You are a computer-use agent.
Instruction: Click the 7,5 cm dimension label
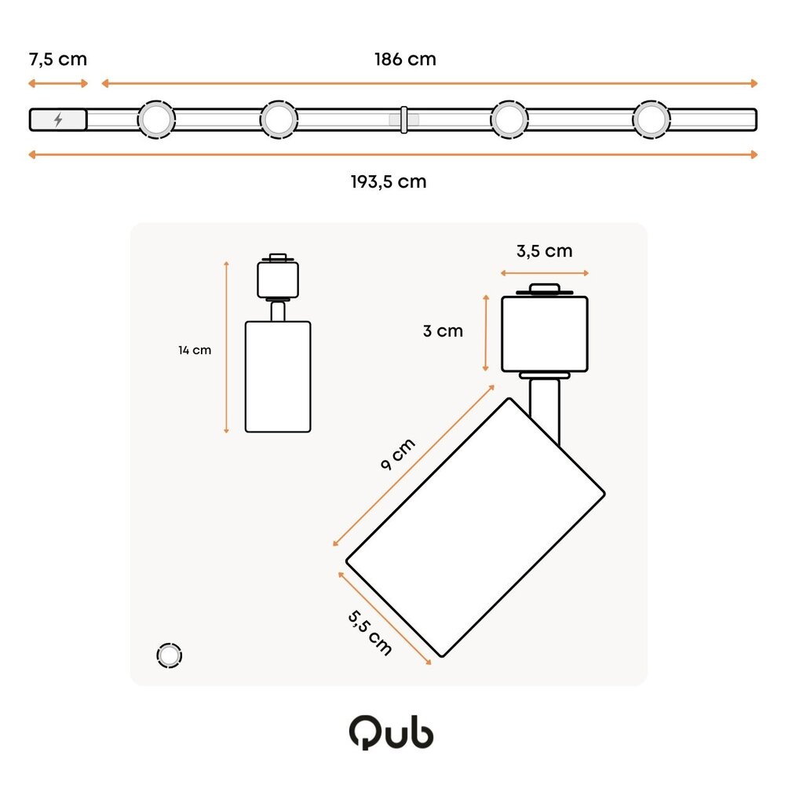[x=57, y=59]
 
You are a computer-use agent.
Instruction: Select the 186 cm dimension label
[x=405, y=59]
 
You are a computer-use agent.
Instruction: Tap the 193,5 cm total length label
[x=389, y=182]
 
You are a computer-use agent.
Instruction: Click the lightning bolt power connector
[x=58, y=120]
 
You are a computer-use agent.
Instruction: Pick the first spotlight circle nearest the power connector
[x=156, y=120]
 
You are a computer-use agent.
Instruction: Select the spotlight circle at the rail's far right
[x=652, y=120]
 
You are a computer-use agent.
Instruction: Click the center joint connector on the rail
[x=403, y=119]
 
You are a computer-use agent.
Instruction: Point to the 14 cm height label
[x=194, y=350]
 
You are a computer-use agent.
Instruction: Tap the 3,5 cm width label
[x=544, y=251]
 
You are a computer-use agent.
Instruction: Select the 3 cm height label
[x=443, y=331]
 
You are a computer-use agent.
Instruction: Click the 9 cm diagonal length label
[x=397, y=455]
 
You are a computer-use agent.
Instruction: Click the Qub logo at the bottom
[x=391, y=732]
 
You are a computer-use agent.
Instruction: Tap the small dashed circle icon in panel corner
[x=169, y=655]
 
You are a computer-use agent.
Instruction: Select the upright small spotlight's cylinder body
[x=278, y=377]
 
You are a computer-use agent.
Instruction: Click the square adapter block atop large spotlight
[x=544, y=334]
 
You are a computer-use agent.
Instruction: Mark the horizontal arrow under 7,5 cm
[x=57, y=83]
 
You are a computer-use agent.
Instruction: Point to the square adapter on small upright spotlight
[x=278, y=279]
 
